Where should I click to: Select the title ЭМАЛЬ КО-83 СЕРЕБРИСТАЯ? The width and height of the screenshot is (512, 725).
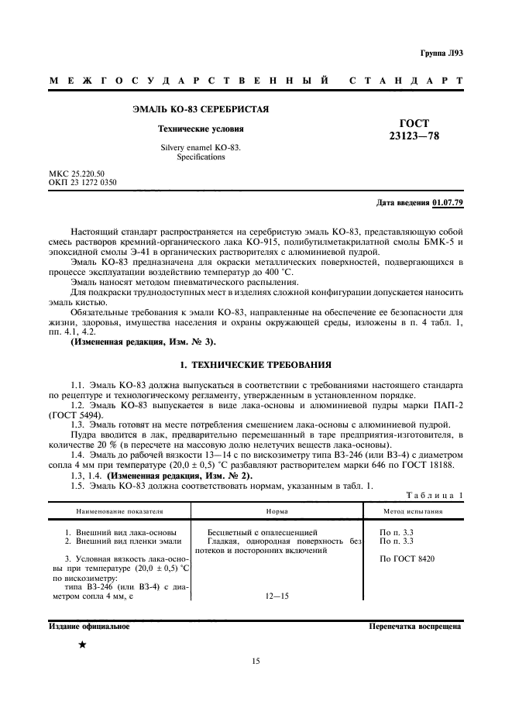pyautogui.click(x=201, y=109)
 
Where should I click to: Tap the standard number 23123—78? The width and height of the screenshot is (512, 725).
pyautogui.click(x=413, y=137)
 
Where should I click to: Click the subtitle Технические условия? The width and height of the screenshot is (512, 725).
pyautogui.click(x=201, y=129)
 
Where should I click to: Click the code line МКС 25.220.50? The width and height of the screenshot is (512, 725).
pyautogui.click(x=76, y=174)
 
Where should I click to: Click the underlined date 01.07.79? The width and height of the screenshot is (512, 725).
pyautogui.click(x=448, y=203)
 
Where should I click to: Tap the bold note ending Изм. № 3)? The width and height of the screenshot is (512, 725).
pyautogui.click(x=143, y=320)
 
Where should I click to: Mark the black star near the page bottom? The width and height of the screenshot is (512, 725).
pyautogui.click(x=82, y=644)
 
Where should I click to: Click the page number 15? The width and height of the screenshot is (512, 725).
pyautogui.click(x=256, y=661)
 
